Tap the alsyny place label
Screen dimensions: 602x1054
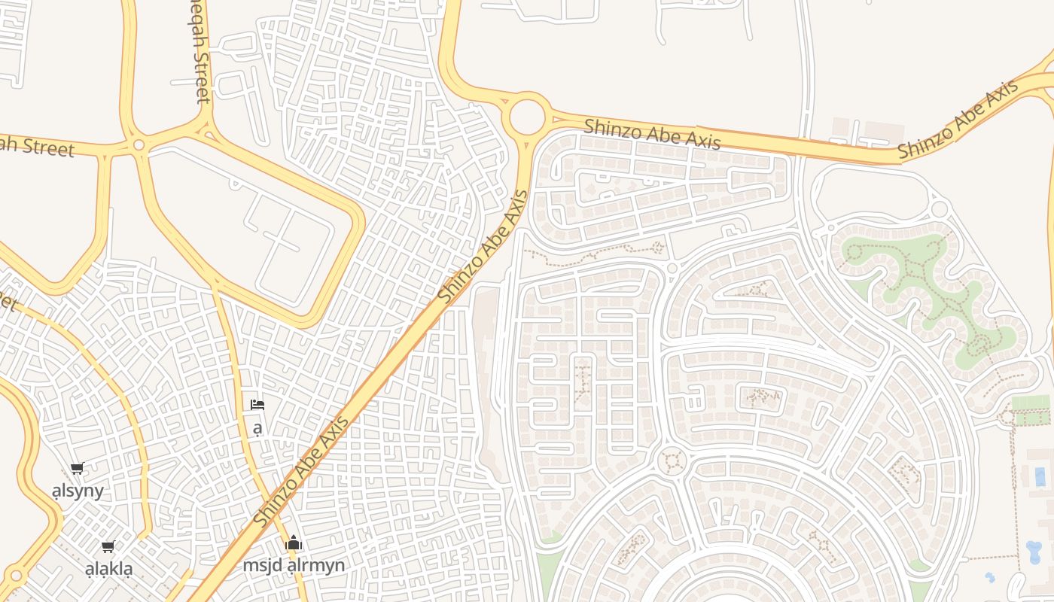[x=78, y=491]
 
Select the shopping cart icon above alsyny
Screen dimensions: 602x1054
[x=77, y=469]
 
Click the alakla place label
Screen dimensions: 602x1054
[x=108, y=569]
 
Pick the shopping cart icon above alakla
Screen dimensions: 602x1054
[x=108, y=547]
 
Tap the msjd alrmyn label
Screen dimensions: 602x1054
[x=294, y=565]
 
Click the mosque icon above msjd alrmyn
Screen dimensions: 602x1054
[x=294, y=543]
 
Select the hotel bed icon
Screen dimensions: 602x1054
[x=257, y=405]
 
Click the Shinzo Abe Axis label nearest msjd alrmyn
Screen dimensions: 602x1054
[x=301, y=472]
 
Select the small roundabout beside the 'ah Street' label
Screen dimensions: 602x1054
[x=138, y=144]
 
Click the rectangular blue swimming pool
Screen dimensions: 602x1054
[x=1040, y=476]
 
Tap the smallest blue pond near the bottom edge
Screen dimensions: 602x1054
[x=989, y=578]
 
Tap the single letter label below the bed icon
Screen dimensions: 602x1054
[x=257, y=429]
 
